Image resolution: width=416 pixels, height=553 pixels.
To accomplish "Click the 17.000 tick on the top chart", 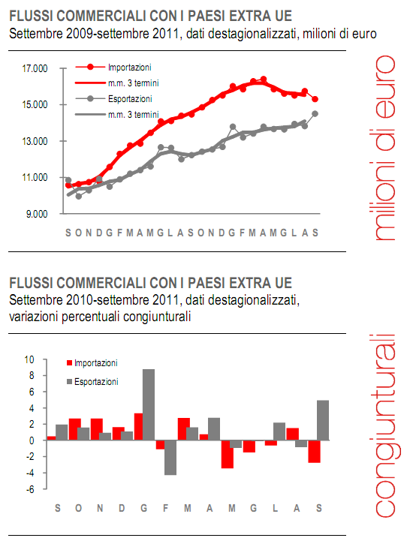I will coord(35,69).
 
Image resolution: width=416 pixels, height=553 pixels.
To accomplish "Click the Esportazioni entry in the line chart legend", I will coord(130,98).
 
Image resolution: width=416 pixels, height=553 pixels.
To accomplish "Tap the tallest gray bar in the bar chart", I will coord(149,404).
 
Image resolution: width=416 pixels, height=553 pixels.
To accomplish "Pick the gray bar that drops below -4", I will coord(170,458).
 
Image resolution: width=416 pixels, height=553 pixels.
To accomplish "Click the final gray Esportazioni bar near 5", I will coord(324,420).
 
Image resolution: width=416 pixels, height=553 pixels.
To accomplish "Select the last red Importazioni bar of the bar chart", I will coord(314,452).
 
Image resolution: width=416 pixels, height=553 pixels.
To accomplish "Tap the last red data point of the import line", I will coord(315,99).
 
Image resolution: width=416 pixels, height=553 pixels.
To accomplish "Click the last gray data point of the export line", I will coord(315,113).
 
